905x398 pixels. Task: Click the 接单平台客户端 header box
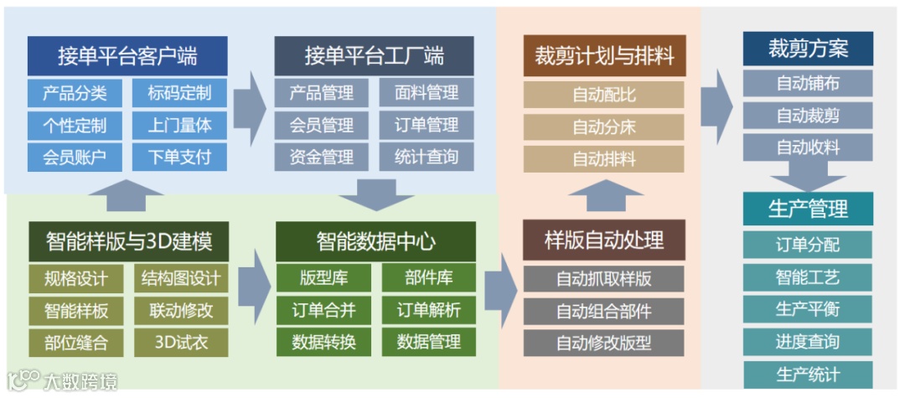[127, 56]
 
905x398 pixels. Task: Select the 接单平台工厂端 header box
[374, 56]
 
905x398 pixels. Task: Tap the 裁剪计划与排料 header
[604, 56]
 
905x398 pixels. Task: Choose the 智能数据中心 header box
[375, 241]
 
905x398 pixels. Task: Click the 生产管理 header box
[808, 208]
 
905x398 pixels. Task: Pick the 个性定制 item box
[75, 126]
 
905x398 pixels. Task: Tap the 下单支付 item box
[180, 157]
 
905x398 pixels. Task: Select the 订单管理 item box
[427, 126]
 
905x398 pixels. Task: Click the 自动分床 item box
[604, 127]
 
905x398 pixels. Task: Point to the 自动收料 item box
[808, 147]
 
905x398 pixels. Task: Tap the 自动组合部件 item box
[604, 311]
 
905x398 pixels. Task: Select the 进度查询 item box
[808, 342]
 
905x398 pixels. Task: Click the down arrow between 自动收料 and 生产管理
[808, 178]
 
